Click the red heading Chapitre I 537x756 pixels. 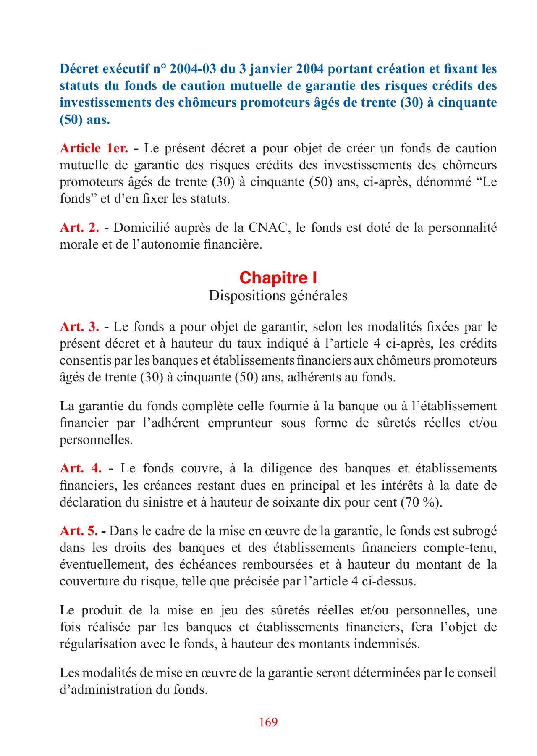coord(278,278)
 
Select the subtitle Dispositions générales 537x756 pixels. coord(278,296)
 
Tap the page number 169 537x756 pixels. coord(268,722)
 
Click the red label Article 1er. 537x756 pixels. coord(94,148)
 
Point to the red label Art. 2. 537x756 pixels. coord(79,228)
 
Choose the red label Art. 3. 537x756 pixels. coord(79,326)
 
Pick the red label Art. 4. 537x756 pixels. coord(81,468)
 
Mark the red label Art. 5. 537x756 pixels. coord(79,531)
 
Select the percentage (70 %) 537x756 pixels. coord(421,502)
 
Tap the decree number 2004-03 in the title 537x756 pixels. coord(199,69)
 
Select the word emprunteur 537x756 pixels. coord(240,423)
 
